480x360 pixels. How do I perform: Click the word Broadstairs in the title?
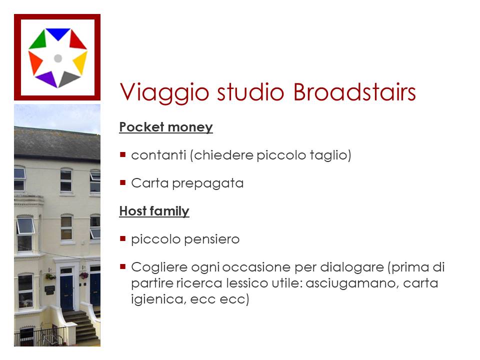[x=354, y=92]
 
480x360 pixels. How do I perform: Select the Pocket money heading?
[x=166, y=127]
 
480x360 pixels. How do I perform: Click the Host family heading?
[x=154, y=211]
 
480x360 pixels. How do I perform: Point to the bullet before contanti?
[x=123, y=154]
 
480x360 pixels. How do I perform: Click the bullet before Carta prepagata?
[x=123, y=183]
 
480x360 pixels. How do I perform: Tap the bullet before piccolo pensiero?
[x=123, y=239]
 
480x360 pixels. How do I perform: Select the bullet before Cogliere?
[x=123, y=266]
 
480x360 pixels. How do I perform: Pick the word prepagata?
[x=208, y=183]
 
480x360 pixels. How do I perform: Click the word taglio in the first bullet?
[x=330, y=155]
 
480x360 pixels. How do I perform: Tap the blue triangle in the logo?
[x=58, y=33]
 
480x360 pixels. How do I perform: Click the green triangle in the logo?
[x=38, y=40]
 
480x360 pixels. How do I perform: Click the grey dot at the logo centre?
[x=58, y=58]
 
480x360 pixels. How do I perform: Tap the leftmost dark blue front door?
[x=66, y=292]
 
